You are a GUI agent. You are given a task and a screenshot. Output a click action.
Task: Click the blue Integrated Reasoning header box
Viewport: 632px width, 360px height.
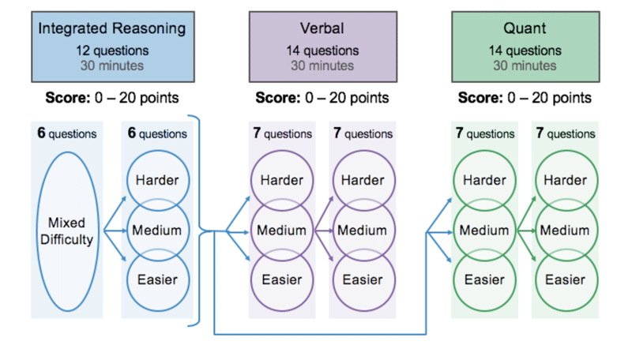(113, 47)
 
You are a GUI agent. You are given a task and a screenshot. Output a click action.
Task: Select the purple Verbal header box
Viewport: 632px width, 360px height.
(323, 47)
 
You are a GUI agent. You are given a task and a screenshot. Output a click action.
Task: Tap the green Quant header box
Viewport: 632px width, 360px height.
(525, 47)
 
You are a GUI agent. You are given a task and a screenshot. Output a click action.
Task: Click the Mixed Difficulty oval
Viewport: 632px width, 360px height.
(68, 231)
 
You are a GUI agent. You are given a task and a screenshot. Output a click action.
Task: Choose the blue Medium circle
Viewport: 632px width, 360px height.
(158, 231)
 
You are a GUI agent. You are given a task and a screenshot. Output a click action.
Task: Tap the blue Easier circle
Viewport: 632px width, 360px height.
(158, 280)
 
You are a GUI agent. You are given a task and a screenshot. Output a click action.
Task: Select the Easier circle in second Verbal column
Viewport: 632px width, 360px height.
(364, 280)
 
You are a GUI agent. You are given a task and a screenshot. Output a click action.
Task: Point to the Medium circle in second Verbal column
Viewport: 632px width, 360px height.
(364, 231)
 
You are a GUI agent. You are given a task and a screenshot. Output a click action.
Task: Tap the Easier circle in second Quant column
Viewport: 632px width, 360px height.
(566, 280)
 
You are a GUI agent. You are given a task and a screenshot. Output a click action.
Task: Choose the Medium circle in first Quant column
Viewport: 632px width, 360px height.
(484, 231)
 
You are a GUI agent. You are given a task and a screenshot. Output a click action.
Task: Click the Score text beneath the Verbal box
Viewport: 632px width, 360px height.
(322, 98)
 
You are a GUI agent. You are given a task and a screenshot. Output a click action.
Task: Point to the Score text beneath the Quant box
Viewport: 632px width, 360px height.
(525, 98)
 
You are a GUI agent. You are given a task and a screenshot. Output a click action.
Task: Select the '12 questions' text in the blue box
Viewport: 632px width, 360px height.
(112, 51)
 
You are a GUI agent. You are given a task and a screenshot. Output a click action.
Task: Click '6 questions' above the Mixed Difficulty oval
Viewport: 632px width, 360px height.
(67, 133)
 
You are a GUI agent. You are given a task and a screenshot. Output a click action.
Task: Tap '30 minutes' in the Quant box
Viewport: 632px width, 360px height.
(525, 66)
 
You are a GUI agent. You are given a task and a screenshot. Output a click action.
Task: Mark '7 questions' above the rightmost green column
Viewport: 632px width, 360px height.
(566, 133)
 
